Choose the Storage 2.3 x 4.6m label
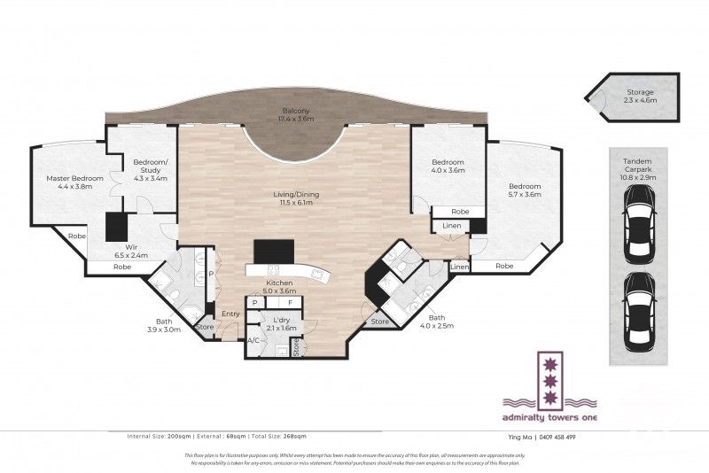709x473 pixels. click(641, 96)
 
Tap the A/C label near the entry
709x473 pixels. click(253, 340)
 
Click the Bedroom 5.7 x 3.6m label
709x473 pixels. click(524, 190)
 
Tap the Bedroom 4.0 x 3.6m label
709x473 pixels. click(448, 167)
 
